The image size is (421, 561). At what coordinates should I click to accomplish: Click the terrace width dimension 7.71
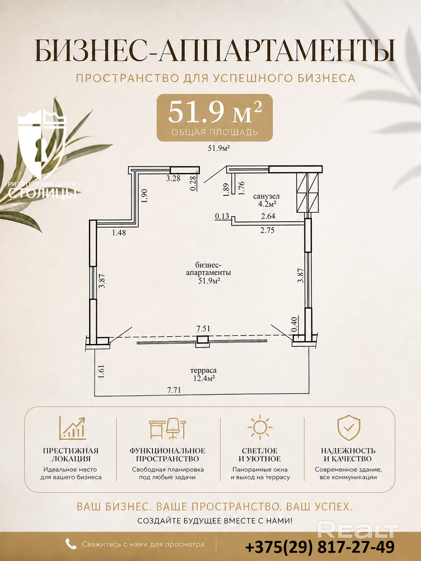[174, 390]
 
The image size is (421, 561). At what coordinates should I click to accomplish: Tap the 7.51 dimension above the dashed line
[203, 329]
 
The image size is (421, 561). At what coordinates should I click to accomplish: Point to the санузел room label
[266, 196]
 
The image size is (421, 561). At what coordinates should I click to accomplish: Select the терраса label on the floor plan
[204, 370]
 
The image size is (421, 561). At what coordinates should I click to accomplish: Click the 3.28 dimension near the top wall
[173, 178]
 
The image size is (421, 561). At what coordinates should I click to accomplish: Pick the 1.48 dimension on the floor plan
[119, 232]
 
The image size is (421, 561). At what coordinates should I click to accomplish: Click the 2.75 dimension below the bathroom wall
[267, 230]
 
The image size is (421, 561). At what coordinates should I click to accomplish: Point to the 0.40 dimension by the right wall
[295, 324]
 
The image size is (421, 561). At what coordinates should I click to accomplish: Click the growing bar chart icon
[72, 428]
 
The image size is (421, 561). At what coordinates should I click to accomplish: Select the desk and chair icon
[167, 428]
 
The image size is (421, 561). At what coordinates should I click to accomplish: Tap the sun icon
[260, 427]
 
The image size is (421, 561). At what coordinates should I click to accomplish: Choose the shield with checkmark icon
[349, 428]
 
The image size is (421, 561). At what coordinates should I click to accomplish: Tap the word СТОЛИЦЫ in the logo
[42, 193]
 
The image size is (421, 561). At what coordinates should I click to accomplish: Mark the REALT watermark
[358, 530]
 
